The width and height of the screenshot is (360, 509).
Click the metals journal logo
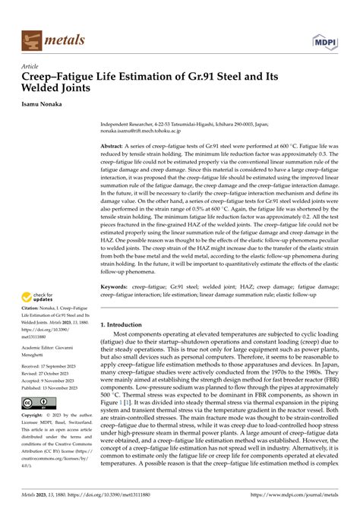point(54,38)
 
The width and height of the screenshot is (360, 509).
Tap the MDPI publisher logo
point(327,38)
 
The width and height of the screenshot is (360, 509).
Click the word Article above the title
point(33,66)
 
